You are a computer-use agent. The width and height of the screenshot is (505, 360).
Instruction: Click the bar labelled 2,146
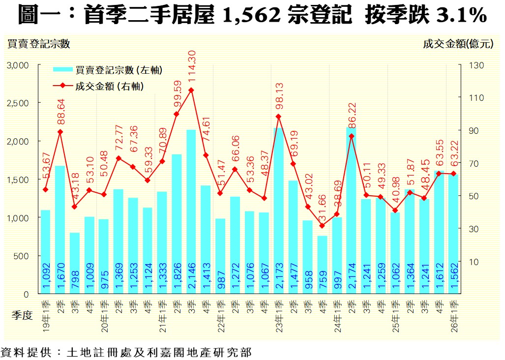pos(191,211)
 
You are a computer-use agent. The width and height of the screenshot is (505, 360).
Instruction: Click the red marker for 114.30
pos(191,90)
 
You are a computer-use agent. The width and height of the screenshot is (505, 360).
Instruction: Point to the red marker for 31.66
pos(322,226)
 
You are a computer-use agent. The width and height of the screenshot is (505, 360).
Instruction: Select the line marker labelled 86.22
pos(351,136)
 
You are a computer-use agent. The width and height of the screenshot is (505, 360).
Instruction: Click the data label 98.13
pos(279,95)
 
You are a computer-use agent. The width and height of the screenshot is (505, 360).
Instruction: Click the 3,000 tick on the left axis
pos(19,65)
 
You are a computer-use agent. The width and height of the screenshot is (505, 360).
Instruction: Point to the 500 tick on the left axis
pos(23,256)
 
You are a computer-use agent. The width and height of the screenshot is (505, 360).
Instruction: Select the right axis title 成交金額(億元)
pos(457,44)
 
